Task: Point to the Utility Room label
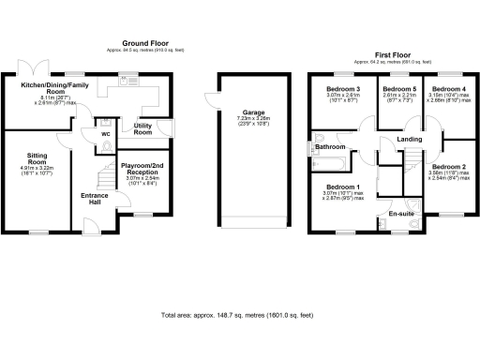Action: click(x=143, y=127)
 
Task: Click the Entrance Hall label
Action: click(x=94, y=199)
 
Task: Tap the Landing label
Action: click(x=410, y=140)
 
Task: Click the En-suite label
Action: click(x=401, y=215)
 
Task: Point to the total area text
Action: click(x=240, y=315)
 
